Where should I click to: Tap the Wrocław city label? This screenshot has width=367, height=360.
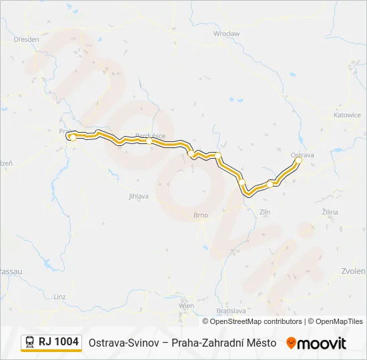(226, 33)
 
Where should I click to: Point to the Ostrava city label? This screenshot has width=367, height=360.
(302, 155)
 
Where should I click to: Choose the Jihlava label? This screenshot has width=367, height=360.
(138, 197)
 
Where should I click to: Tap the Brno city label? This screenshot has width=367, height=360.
(201, 215)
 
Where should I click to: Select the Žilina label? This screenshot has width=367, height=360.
(330, 212)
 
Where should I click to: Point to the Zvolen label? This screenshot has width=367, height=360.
(353, 271)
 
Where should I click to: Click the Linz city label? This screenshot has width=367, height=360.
(60, 296)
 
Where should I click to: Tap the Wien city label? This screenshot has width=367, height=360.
(186, 306)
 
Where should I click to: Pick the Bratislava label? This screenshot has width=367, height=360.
(232, 311)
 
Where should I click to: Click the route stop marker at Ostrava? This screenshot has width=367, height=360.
(298, 161)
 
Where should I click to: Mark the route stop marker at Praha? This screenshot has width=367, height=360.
(72, 137)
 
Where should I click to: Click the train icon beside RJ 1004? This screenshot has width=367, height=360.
(30, 343)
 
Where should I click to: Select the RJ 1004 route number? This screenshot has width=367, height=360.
(59, 342)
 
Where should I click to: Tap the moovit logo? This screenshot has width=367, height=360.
(316, 343)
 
